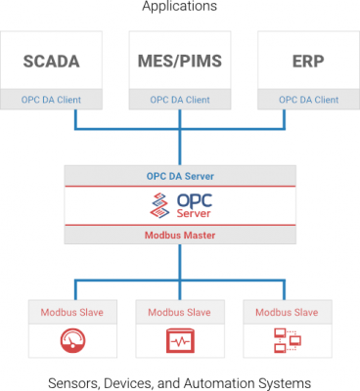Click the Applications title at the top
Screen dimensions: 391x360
click(x=179, y=7)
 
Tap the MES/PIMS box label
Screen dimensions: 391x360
click(x=179, y=62)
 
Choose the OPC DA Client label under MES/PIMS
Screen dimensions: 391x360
click(x=179, y=99)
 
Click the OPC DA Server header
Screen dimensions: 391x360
click(x=179, y=175)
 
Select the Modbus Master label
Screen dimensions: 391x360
click(x=179, y=235)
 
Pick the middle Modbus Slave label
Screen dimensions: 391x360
click(x=179, y=313)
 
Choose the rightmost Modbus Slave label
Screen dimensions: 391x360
click(x=291, y=313)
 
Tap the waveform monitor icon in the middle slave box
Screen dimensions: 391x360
click(x=179, y=340)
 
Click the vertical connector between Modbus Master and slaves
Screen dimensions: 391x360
click(x=179, y=261)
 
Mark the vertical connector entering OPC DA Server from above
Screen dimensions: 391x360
click(x=179, y=147)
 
